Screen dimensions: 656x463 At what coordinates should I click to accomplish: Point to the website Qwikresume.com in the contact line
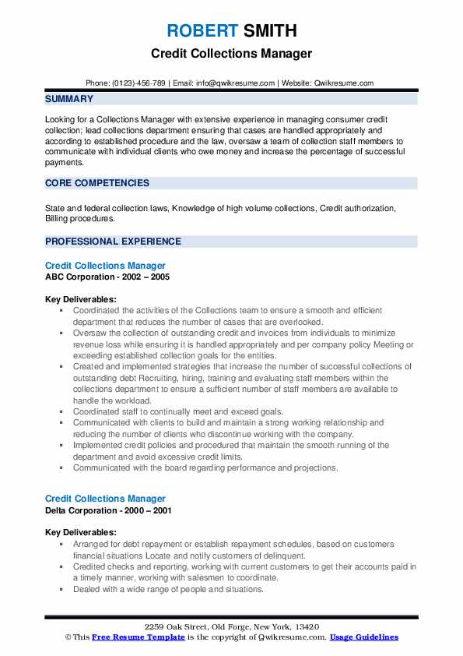click(x=344, y=83)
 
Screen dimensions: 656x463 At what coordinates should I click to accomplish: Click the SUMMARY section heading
click(x=69, y=99)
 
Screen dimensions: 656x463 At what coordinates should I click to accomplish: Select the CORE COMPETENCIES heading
click(x=97, y=183)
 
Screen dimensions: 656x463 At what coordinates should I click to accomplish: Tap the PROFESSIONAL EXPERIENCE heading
click(x=113, y=242)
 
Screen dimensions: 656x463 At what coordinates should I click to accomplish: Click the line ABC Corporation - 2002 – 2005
click(x=107, y=277)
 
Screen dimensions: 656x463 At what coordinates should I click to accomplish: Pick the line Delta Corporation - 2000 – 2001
click(x=108, y=510)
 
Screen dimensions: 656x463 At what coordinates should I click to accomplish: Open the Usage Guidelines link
click(x=364, y=637)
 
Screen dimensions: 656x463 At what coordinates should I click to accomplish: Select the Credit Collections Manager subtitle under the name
click(x=231, y=54)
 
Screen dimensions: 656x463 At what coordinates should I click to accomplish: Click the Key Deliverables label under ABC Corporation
click(x=81, y=299)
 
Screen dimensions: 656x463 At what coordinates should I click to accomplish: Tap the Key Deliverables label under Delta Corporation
click(x=81, y=533)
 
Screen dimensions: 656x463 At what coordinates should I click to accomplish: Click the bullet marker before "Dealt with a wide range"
click(x=61, y=590)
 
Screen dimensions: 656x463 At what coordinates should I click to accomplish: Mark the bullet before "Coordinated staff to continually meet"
click(x=61, y=412)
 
